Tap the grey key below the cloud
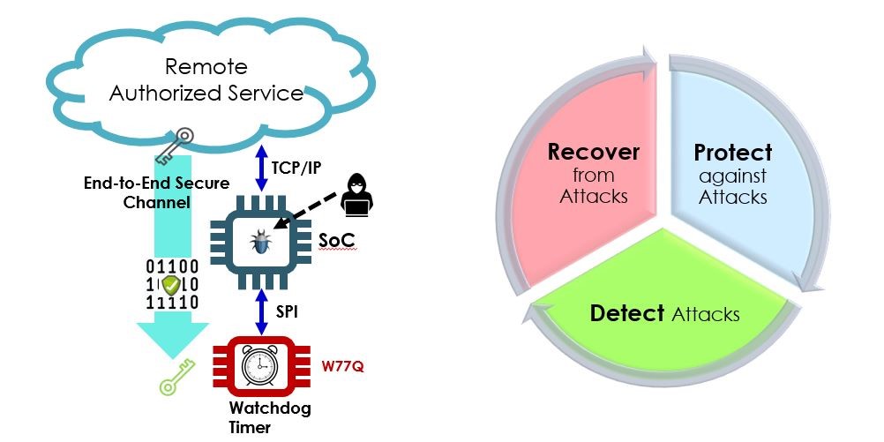pos(172,146)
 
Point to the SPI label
pos(285,312)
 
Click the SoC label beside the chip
pos(332,240)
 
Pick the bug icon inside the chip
pos(260,240)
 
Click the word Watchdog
pos(258,409)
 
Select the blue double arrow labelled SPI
pos(260,312)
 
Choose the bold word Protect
pos(733,152)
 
